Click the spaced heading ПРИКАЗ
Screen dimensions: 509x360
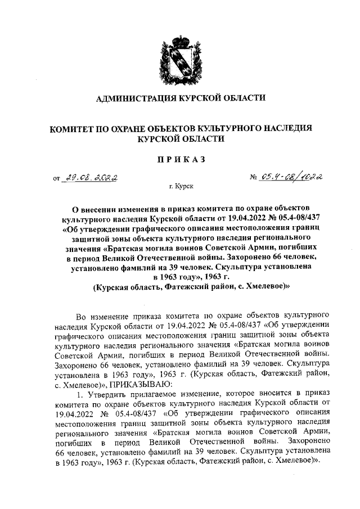coord(180,160)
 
